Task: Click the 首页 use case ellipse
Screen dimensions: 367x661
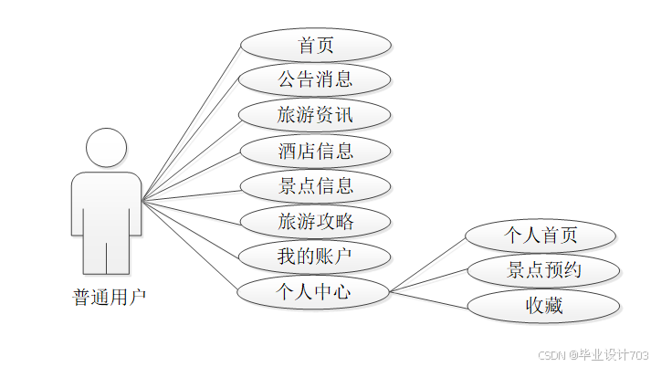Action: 316,44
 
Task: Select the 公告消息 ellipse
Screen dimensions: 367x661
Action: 316,79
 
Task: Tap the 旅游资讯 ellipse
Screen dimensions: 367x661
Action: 316,114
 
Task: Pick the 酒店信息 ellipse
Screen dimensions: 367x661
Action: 316,150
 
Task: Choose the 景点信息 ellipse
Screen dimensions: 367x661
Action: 316,185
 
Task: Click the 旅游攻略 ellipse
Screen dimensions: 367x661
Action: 316,221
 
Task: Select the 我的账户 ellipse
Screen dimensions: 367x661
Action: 316,257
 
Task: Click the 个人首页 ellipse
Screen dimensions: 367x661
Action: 541,235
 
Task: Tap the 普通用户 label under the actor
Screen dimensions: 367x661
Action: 109,297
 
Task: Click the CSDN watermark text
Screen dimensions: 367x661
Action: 593,354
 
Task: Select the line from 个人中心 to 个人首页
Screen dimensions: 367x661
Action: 427,265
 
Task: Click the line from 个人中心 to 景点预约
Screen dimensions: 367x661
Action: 429,281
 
